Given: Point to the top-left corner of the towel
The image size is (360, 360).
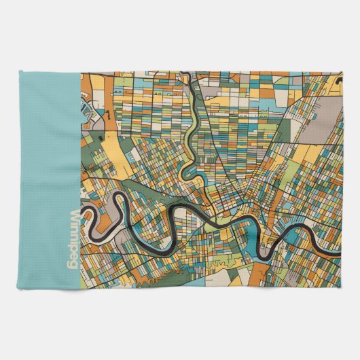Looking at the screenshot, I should (x=22, y=69).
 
